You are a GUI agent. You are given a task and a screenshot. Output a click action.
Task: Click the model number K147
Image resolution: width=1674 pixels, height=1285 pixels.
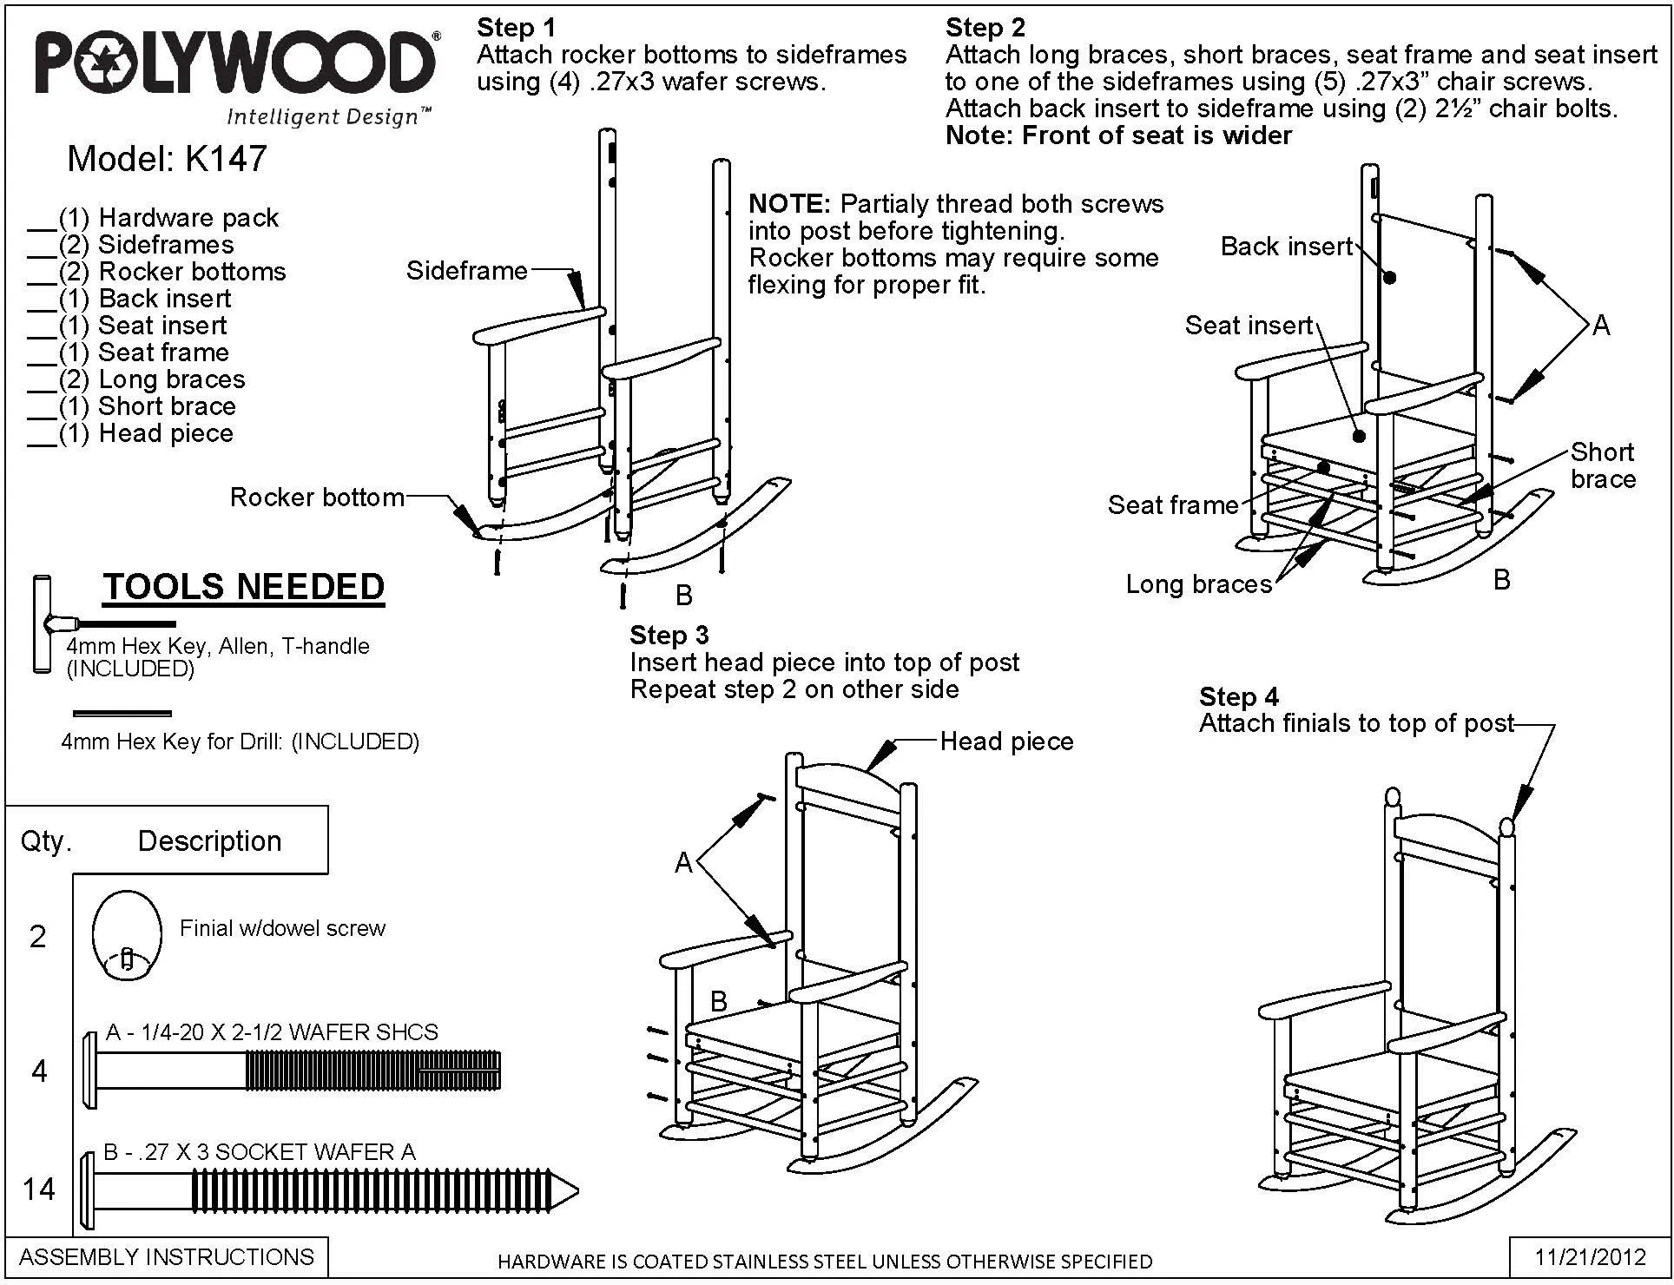[226, 159]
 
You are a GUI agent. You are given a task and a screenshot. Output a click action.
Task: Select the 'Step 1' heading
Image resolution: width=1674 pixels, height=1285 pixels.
[516, 28]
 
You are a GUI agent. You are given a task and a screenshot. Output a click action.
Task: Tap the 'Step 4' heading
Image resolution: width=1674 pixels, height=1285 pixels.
[1239, 696]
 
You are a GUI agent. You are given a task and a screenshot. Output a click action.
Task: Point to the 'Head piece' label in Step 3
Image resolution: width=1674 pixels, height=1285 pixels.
[1006, 741]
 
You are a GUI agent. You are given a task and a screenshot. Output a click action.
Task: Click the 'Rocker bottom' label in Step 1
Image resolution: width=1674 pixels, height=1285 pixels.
[317, 498]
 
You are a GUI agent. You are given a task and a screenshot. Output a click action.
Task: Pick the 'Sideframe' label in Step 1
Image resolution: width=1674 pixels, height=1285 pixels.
[467, 271]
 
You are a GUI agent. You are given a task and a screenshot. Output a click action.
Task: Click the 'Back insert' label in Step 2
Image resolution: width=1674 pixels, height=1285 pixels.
[1287, 247]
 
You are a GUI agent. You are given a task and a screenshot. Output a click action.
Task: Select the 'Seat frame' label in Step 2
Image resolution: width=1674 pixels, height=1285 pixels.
[1173, 505]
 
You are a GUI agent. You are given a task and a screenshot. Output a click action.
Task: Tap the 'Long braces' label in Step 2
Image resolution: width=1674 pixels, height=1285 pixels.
[1199, 584]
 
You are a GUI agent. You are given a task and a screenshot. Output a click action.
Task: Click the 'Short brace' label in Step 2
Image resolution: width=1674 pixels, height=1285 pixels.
[1603, 465]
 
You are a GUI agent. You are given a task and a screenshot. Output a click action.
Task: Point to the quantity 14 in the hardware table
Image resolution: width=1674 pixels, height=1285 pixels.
[39, 1189]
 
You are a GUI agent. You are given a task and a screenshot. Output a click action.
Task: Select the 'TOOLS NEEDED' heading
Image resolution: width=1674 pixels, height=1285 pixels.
[244, 587]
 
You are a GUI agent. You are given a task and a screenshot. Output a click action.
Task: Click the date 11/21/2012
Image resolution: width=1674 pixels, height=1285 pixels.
[1591, 1257]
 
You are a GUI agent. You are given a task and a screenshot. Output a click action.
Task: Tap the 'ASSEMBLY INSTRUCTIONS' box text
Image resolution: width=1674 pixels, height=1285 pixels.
[167, 1257]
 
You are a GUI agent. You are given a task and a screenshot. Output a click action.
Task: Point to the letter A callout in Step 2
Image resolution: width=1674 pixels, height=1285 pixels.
[1601, 326]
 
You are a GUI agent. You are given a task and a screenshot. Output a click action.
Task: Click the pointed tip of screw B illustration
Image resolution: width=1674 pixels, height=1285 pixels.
[577, 1189]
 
